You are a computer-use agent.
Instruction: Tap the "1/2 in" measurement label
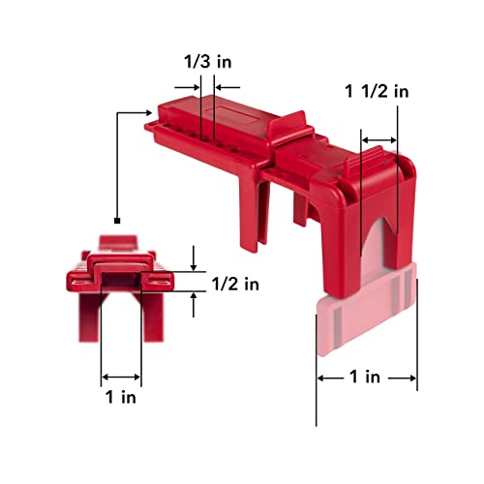237,284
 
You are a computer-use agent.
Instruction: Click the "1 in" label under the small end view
121,397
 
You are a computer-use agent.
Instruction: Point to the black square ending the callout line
116,222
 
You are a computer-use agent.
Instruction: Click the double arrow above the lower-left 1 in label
122,377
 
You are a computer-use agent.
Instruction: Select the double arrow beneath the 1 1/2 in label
379,141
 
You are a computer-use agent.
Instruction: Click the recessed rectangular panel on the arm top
239,114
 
